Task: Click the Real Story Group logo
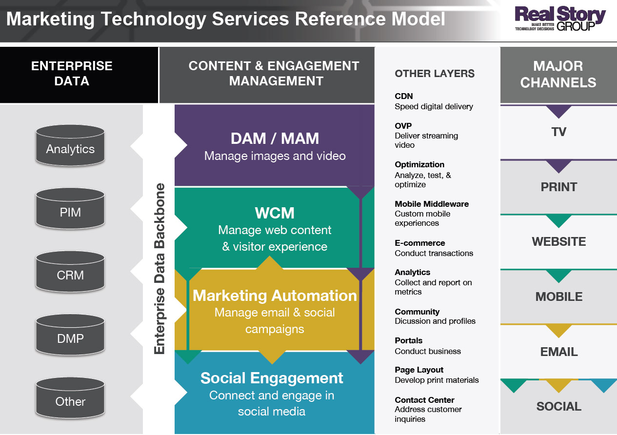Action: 560,19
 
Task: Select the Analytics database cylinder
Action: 70,145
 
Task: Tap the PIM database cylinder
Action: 70,208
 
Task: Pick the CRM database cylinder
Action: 70,272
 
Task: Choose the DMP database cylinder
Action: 70,335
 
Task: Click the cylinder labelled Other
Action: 70,398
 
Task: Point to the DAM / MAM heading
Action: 275,138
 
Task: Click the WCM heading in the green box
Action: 275,213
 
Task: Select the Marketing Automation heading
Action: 275,296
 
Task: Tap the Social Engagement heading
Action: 272,378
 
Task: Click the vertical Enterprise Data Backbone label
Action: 159,268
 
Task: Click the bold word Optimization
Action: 419,165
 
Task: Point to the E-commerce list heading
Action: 420,243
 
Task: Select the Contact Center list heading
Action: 425,400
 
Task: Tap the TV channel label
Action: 558,132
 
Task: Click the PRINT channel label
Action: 558,187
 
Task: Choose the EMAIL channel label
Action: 558,352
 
